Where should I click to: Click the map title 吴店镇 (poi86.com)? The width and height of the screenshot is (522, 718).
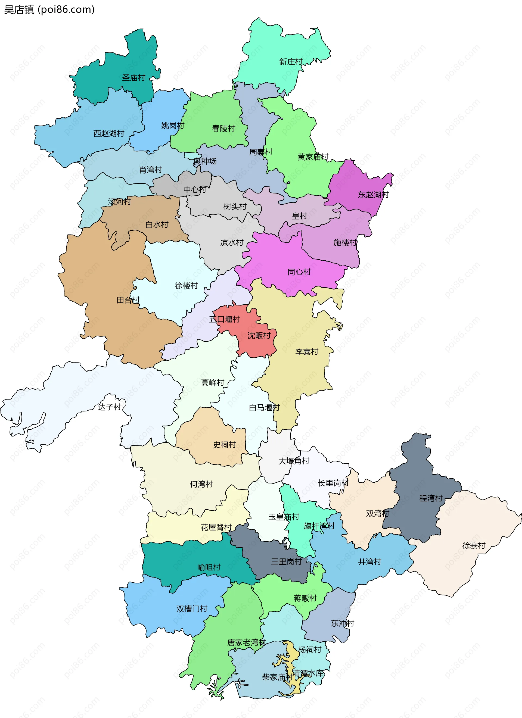click(x=49, y=10)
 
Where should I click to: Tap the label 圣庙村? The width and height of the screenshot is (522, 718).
click(x=134, y=77)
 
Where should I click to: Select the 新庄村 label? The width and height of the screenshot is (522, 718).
click(x=291, y=62)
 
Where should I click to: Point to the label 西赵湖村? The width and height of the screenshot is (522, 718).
click(x=109, y=134)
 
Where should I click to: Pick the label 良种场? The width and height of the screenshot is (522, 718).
click(x=205, y=161)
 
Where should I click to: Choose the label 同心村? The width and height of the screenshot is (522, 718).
click(x=299, y=272)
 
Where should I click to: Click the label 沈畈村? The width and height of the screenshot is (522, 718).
click(x=259, y=336)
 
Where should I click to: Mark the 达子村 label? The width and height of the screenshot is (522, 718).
click(x=109, y=407)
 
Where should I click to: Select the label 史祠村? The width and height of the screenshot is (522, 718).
click(x=224, y=445)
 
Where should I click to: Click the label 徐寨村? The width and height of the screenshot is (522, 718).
click(x=474, y=545)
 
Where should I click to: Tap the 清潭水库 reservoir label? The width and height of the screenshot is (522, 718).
click(x=308, y=673)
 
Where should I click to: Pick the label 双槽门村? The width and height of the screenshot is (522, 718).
click(x=192, y=609)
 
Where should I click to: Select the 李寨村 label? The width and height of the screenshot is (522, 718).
click(x=307, y=352)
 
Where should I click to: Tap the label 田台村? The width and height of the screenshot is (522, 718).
click(x=128, y=300)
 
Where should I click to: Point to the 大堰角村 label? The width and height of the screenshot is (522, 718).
click(x=294, y=461)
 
